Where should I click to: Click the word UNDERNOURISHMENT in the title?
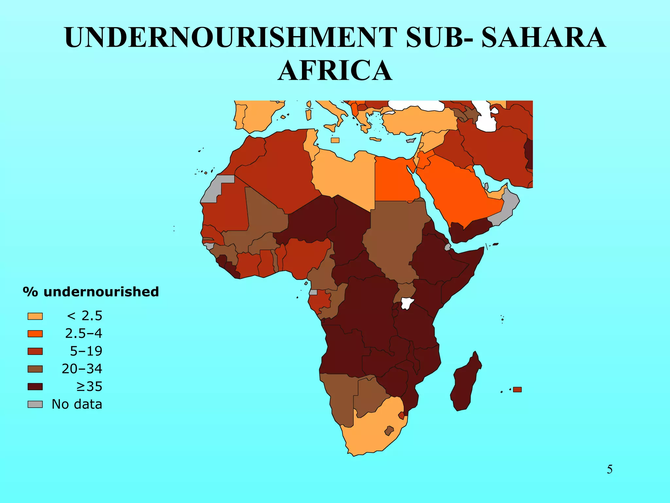point(231,38)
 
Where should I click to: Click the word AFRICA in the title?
point(335,71)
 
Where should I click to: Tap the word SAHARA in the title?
point(543,38)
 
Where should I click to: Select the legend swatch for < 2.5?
point(35,316)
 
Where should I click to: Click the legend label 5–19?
point(86,351)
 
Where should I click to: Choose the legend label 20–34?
point(82,369)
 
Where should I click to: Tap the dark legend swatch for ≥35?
point(35,387)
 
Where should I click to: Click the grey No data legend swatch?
point(35,404)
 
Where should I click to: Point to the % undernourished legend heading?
point(91,292)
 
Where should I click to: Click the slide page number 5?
point(609,470)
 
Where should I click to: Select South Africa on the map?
point(370,432)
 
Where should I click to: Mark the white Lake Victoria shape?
point(407,303)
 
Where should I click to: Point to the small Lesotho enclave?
point(389,431)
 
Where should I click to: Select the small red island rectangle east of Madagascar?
point(517,390)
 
